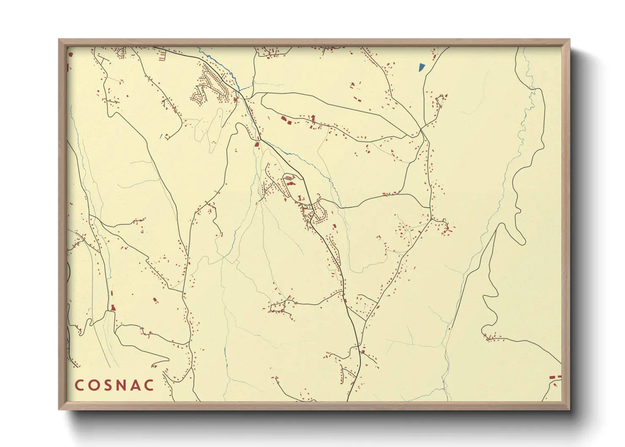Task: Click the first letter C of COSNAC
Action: (79, 385)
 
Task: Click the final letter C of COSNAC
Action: (149, 385)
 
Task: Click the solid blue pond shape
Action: (421, 67)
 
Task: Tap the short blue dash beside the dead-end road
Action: (161, 136)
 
